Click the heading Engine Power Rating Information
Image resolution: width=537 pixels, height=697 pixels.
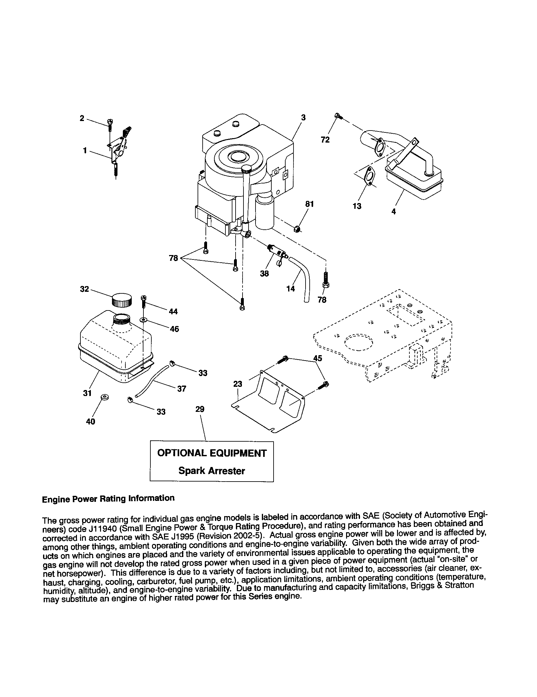[108, 498]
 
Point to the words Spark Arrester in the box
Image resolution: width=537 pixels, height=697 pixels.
[212, 471]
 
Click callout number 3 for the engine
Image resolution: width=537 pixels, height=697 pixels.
[303, 118]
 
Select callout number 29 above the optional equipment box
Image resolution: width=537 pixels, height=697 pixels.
[199, 409]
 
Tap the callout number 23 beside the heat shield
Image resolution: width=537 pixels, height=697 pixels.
[237, 384]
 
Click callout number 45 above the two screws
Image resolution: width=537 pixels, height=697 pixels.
[317, 358]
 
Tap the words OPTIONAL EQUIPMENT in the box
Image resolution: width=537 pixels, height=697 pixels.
[212, 453]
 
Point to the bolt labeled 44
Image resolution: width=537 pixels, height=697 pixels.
[143, 300]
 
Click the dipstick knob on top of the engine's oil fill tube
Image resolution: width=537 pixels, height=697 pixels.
[247, 168]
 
